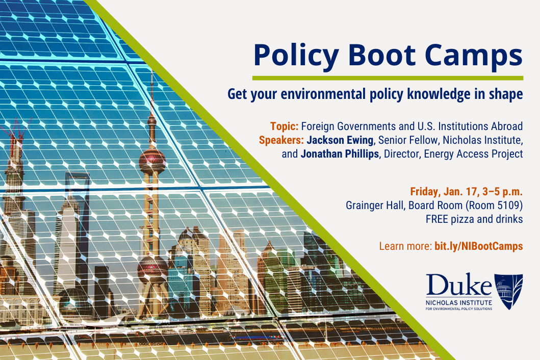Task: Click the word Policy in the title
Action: point(296,56)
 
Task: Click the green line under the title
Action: point(388,78)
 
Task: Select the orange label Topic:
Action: point(284,126)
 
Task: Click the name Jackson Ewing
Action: point(340,140)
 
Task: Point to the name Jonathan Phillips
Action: point(340,153)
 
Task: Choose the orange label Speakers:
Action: point(281,141)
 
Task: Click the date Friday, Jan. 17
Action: point(445,192)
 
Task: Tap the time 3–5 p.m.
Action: point(502,192)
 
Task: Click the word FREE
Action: point(436,219)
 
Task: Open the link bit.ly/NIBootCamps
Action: point(479,246)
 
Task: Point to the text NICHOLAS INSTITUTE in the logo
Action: point(459,302)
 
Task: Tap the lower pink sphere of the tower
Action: point(152,269)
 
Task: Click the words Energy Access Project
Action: point(474,154)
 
